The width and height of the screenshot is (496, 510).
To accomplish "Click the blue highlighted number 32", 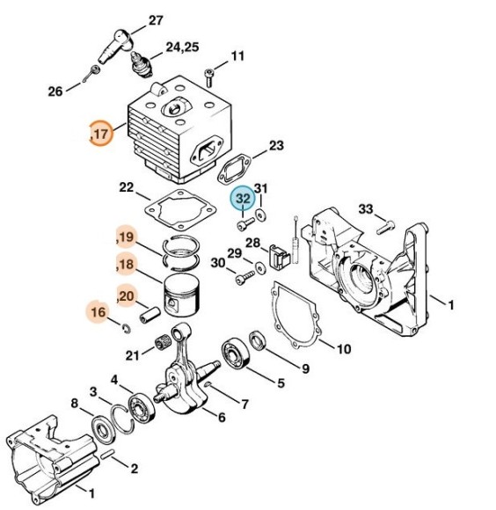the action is [244, 198].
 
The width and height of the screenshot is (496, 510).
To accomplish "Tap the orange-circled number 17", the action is [101, 133].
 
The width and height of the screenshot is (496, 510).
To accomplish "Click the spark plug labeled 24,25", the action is [142, 64].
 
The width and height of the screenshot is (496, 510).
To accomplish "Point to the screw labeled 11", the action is [208, 78].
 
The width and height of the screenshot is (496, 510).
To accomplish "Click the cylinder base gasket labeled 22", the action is [180, 210].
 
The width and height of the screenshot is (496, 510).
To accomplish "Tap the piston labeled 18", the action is [181, 295].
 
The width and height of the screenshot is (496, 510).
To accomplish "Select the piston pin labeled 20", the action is [150, 315].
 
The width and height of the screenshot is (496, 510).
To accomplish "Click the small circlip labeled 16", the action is [127, 328].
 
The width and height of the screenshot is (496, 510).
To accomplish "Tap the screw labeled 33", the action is [385, 227].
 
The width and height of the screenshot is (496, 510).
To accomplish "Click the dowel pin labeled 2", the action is [107, 454].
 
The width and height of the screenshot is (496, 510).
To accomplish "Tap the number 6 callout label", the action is [222, 417].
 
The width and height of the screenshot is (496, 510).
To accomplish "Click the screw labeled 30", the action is [244, 278].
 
